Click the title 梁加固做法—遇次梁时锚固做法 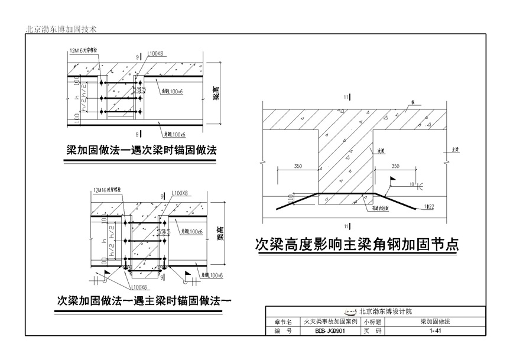pyautogui.click(x=141, y=151)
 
